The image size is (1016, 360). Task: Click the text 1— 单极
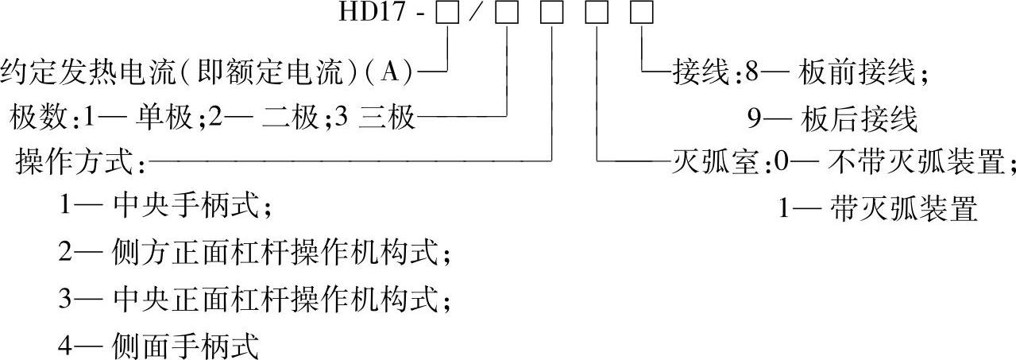click(x=148, y=119)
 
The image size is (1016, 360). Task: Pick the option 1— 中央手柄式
click(x=165, y=209)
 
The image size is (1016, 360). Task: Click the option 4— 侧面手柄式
click(x=158, y=346)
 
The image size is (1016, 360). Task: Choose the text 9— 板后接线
click(x=832, y=119)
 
